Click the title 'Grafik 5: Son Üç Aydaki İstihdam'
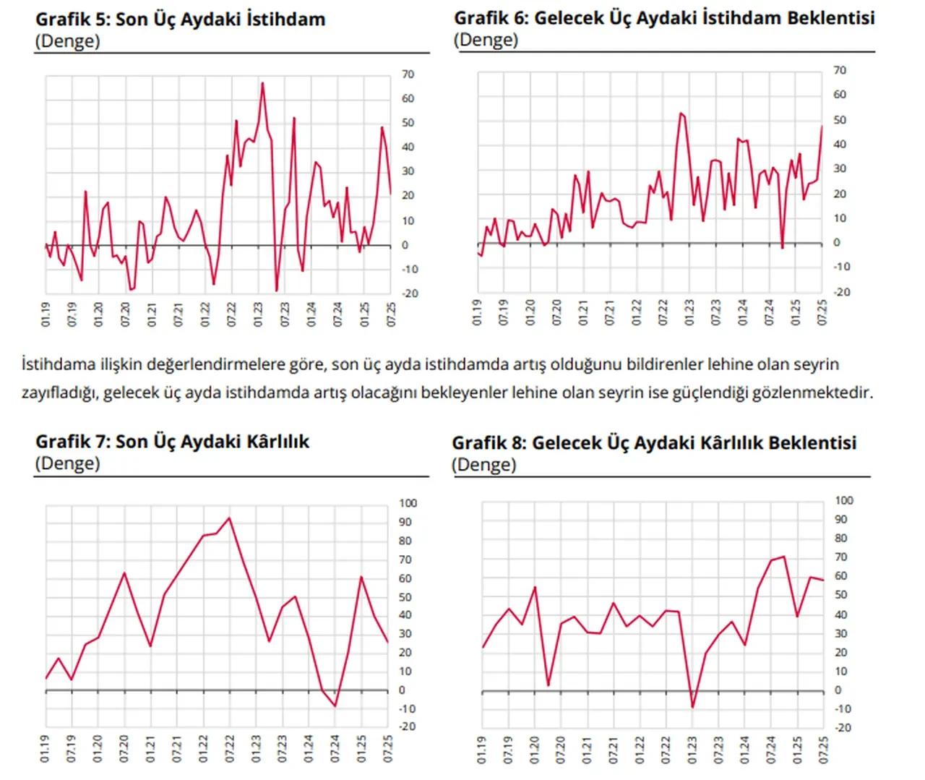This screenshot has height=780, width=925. (x=181, y=20)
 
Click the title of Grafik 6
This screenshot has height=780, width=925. (x=664, y=18)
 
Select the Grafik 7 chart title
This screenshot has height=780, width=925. (x=172, y=442)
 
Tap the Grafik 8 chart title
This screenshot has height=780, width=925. (x=654, y=442)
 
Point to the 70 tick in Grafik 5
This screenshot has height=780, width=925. (x=408, y=74)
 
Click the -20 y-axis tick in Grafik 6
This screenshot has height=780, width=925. (x=842, y=292)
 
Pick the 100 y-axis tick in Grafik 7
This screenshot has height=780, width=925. (x=408, y=503)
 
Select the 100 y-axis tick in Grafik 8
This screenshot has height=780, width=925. (x=844, y=500)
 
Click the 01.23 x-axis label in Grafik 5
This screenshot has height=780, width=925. (x=259, y=314)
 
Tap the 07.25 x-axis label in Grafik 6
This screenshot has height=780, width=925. (x=822, y=312)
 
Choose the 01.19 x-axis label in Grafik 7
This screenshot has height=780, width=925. (x=45, y=748)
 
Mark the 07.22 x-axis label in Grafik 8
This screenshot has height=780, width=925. (x=666, y=750)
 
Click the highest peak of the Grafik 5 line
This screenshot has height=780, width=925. (x=262, y=83)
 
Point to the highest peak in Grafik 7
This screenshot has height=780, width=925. (x=230, y=518)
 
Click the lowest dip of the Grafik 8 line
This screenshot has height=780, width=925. (x=692, y=707)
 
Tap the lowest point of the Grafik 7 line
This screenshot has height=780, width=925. (x=335, y=706)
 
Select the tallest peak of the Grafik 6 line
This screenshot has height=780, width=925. (x=681, y=113)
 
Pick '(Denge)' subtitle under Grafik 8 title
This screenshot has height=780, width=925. (x=484, y=464)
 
